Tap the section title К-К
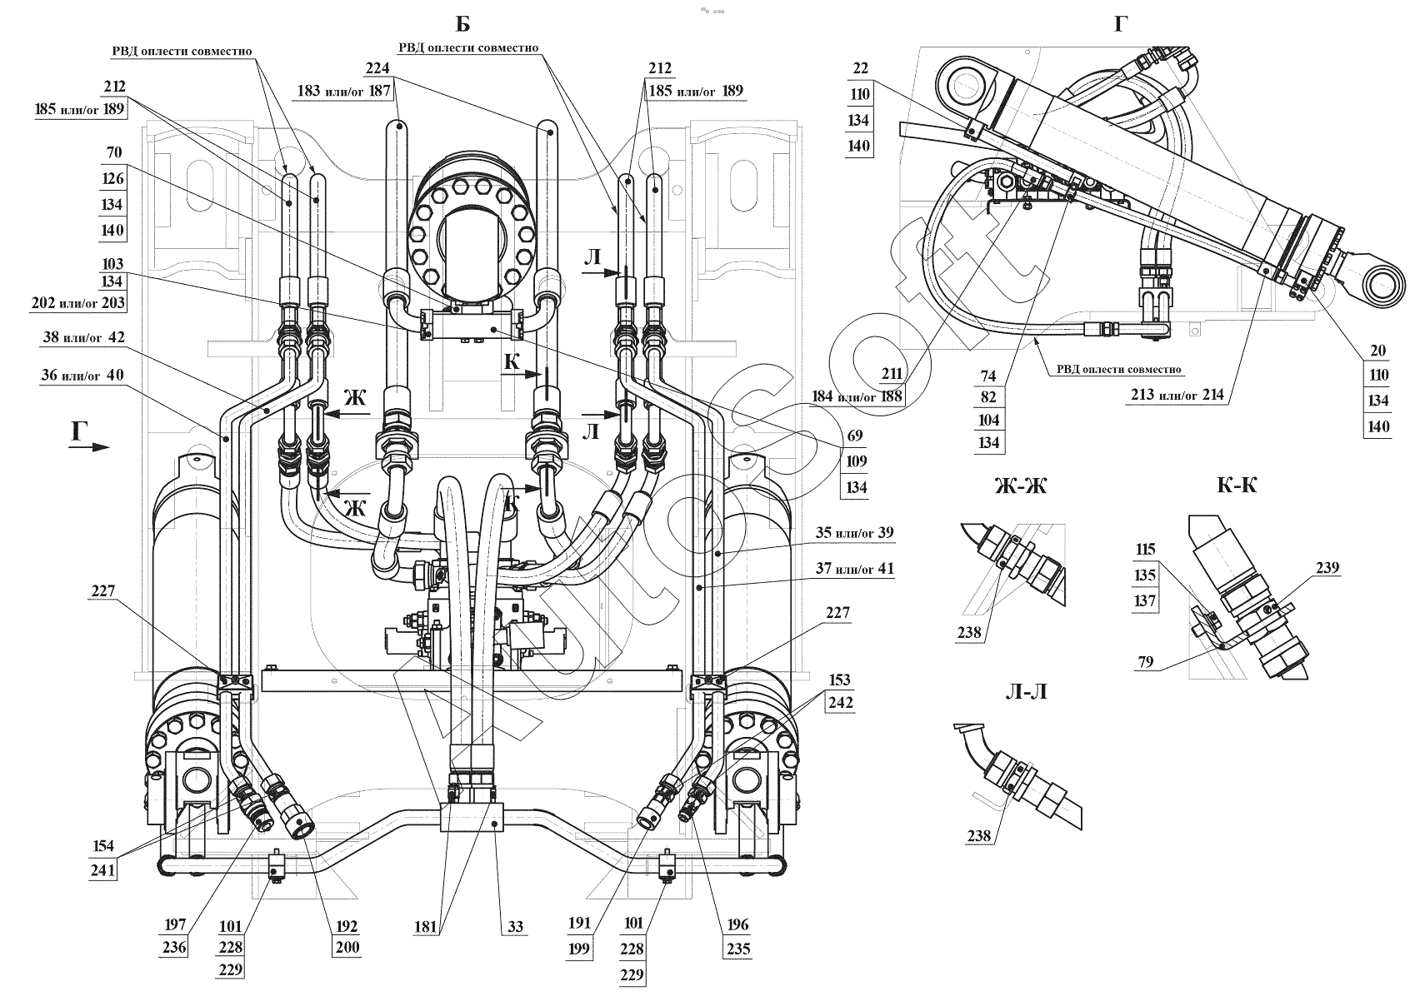point(1236,486)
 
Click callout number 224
point(377,68)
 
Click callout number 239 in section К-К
point(1327,568)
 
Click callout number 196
point(737,924)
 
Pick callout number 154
point(104,846)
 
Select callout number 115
point(1145,550)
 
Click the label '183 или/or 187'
point(342,91)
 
